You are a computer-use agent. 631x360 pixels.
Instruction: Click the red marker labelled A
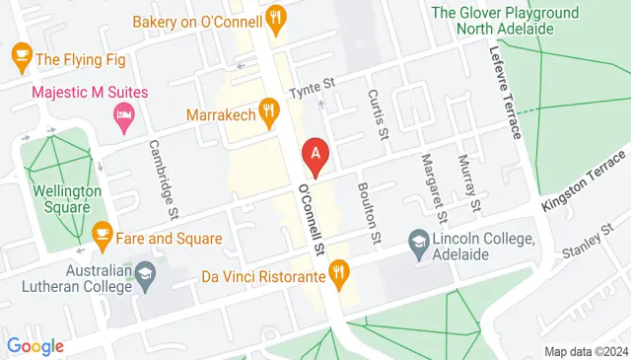click(x=315, y=154)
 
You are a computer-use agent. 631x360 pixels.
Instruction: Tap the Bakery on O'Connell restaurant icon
click(x=277, y=16)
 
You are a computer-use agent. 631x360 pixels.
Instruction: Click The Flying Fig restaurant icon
click(x=19, y=55)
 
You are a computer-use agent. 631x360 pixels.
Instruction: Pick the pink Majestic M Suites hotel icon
click(x=124, y=115)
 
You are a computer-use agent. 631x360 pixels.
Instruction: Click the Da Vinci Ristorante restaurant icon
click(x=339, y=269)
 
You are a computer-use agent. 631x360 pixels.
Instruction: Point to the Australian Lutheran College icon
click(x=146, y=275)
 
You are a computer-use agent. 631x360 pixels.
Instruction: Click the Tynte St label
click(x=312, y=92)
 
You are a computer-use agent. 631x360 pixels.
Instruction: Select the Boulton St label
click(x=368, y=214)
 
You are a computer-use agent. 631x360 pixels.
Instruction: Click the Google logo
click(x=35, y=346)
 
